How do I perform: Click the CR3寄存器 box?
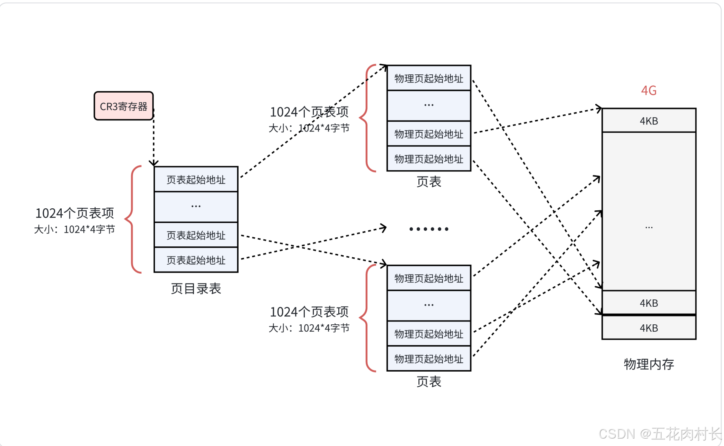point(123,106)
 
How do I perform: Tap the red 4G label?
point(648,90)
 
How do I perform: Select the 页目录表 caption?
point(196,289)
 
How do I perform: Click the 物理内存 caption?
point(648,364)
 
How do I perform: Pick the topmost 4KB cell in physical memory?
point(648,121)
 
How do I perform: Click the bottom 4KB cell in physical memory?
point(648,328)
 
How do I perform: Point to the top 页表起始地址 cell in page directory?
point(196,180)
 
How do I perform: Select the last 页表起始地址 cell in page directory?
point(196,260)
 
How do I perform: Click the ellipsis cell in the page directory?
point(196,207)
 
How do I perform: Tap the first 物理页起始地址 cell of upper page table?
point(429,78)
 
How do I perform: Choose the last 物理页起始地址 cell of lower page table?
point(429,359)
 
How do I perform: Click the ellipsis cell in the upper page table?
point(429,105)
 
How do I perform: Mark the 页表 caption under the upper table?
point(429,182)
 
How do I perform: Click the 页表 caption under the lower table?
point(429,381)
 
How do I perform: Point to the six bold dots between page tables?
point(429,229)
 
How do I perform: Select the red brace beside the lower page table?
point(366,318)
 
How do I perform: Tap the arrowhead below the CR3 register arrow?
point(154,163)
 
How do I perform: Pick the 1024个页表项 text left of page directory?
point(74,213)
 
